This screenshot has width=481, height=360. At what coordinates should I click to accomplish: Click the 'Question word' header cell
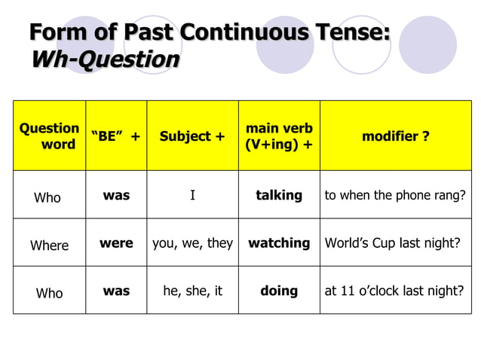pos(49,136)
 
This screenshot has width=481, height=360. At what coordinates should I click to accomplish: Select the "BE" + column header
pos(115,136)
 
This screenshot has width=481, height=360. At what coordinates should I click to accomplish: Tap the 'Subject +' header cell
pos(192,136)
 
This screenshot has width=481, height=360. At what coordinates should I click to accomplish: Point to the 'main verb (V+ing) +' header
pos(279,136)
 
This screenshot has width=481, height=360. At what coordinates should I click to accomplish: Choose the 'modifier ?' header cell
pos(396,136)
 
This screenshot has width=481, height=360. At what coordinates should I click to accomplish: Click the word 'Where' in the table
pos(49,246)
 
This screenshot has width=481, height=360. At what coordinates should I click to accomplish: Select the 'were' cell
pos(116,243)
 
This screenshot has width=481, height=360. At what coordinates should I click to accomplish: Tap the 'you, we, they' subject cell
pos(192,243)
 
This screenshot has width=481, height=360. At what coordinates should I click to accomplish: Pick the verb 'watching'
pos(279,243)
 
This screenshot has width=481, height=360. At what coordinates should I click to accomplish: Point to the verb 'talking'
pos(279,195)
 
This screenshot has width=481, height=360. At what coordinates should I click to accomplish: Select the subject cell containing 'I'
pos(192,196)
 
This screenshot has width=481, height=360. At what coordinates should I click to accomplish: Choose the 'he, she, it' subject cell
pos(192,291)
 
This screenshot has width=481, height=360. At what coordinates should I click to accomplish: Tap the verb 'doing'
pos(279,291)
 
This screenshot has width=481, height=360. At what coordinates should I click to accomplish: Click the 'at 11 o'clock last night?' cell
pos(394,291)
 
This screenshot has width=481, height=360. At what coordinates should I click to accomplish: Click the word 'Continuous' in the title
pos(244,33)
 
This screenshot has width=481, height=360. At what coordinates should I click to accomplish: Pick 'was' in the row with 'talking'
pos(116,195)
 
